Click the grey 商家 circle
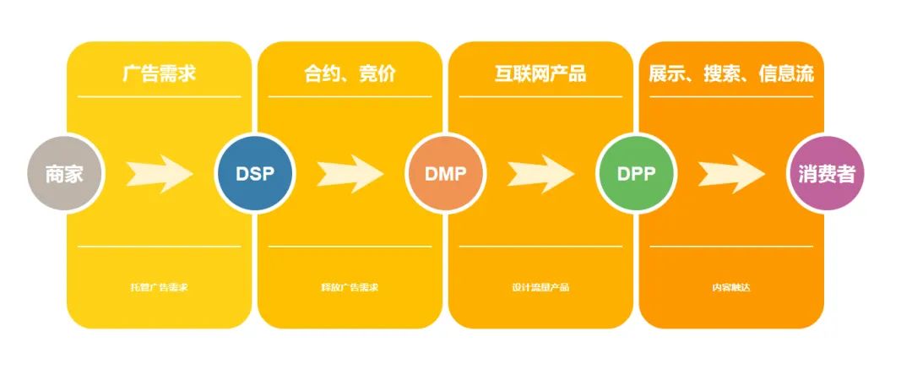(x=64, y=174)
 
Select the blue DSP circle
(x=254, y=174)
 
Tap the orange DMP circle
(x=445, y=174)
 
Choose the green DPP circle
(x=636, y=174)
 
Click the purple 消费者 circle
(x=827, y=174)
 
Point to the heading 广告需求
(x=159, y=73)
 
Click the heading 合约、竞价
(x=350, y=73)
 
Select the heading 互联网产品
(x=540, y=73)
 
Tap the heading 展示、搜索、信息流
(x=731, y=73)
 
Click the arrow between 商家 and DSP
(x=159, y=173)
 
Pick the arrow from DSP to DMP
(x=350, y=173)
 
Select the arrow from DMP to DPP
(x=540, y=173)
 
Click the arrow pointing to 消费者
(x=731, y=173)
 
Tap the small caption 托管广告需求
(x=159, y=287)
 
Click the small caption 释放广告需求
(x=350, y=287)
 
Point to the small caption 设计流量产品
(x=540, y=287)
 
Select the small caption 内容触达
(x=731, y=287)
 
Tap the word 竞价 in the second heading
(x=377, y=73)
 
